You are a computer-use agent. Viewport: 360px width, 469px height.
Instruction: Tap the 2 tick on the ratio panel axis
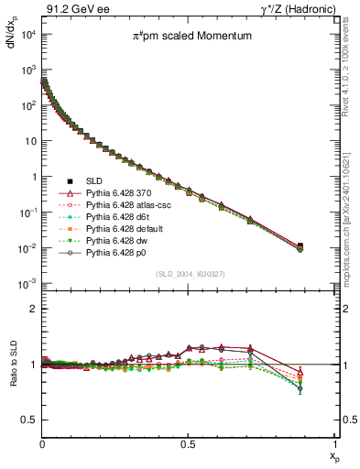(x=34, y=309)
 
